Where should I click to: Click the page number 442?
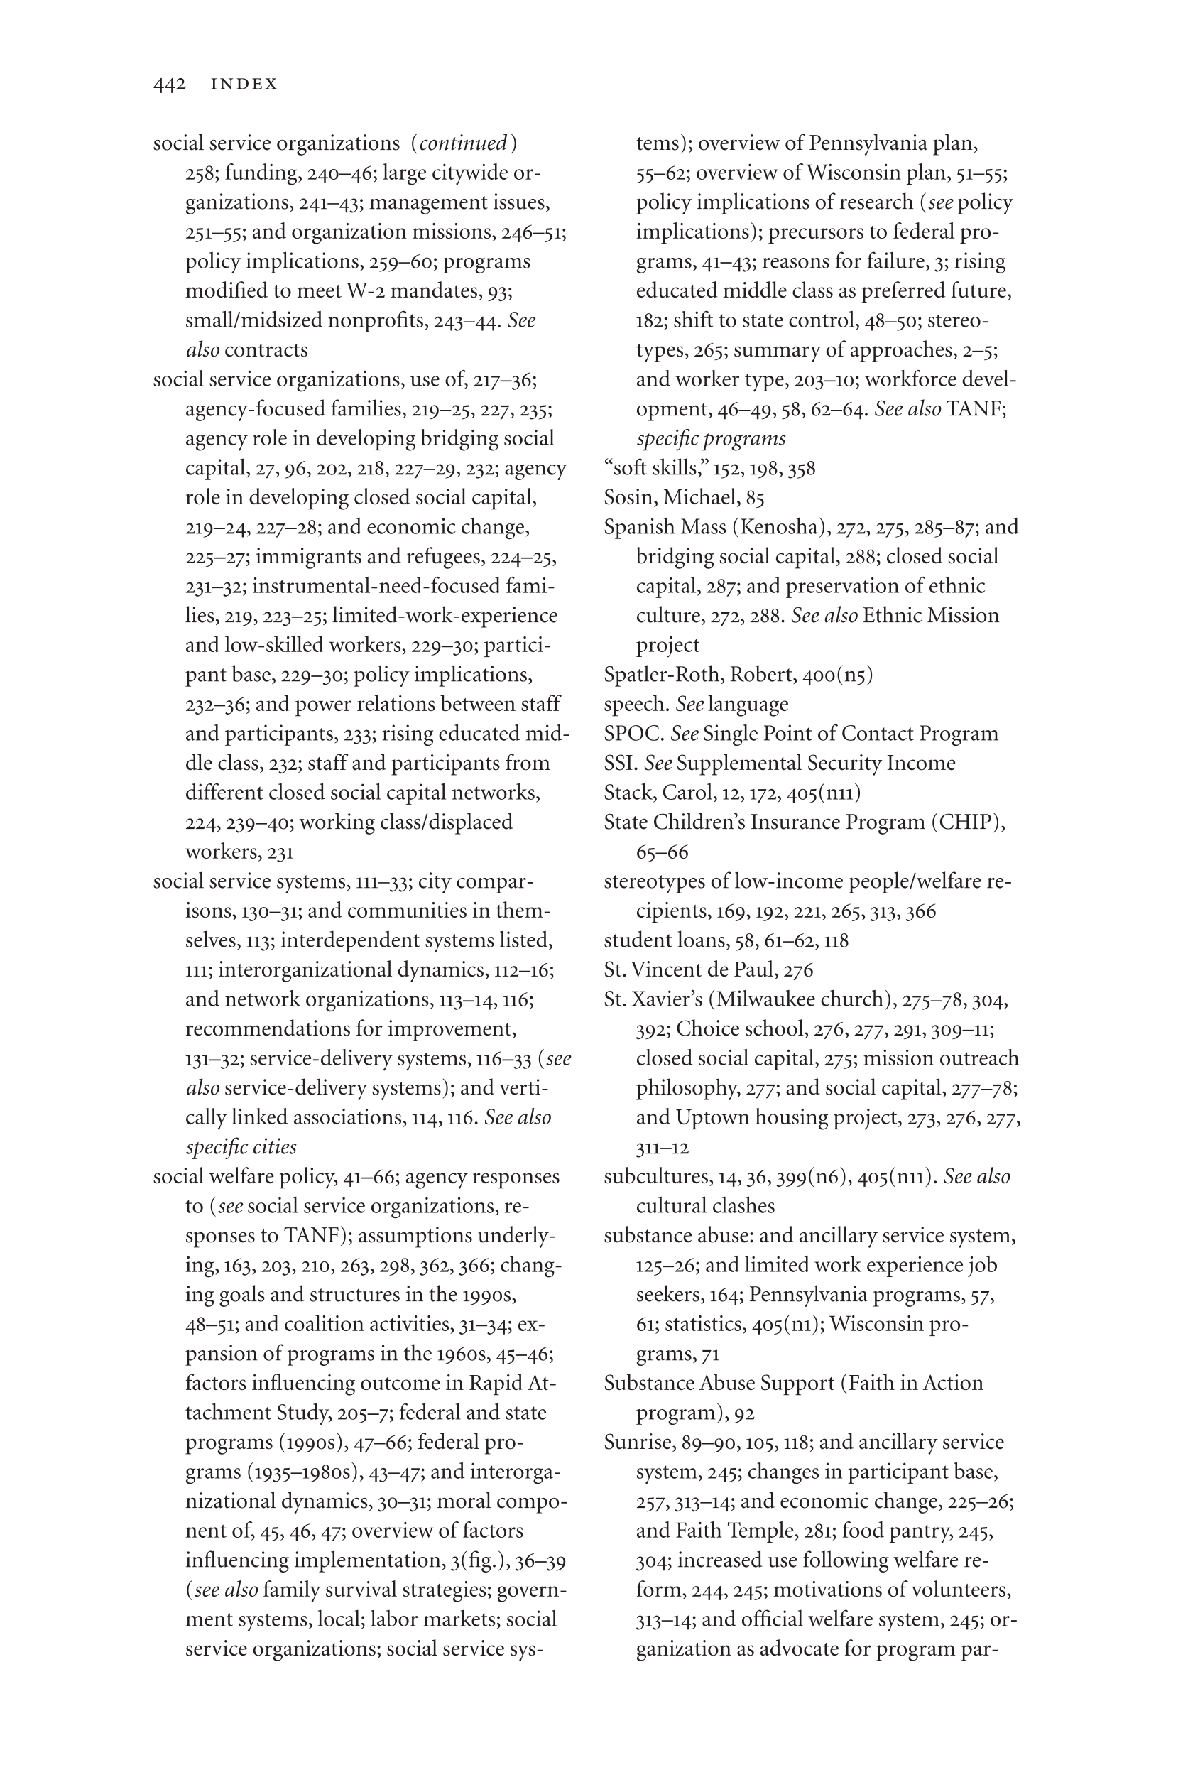(169, 84)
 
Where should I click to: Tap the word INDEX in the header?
(244, 85)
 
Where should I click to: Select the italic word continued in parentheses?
(463, 143)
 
